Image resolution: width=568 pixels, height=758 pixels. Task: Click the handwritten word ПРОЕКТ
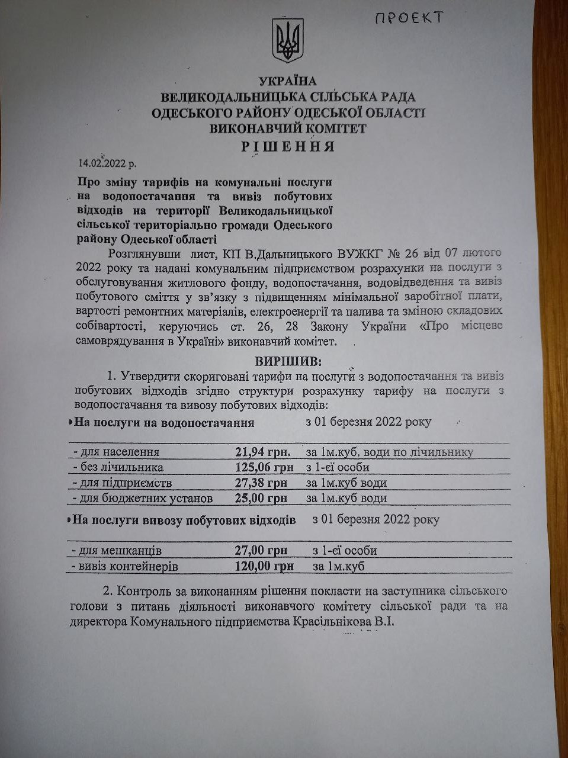(x=408, y=18)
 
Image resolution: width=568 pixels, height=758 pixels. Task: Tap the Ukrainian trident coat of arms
(x=287, y=40)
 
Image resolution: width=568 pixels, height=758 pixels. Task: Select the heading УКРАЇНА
(x=288, y=82)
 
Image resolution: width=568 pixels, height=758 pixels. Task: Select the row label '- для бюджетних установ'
(x=142, y=498)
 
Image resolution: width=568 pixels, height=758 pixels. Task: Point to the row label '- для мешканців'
(x=115, y=550)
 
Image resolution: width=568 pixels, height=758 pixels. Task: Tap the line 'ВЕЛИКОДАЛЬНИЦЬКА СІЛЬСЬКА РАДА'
(x=288, y=97)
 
